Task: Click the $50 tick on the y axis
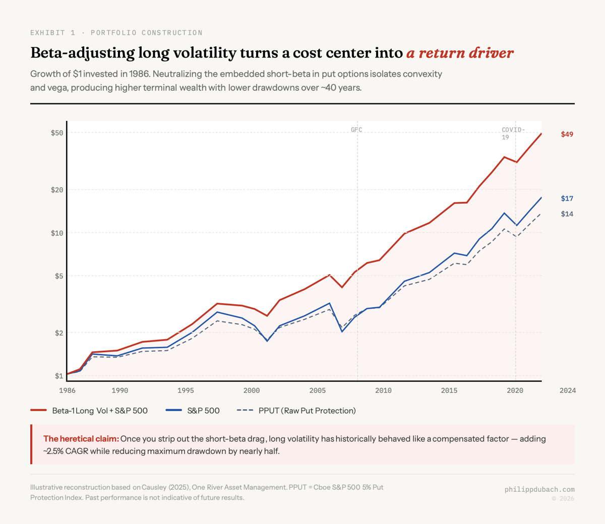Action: (x=56, y=133)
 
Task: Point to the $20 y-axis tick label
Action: (x=56, y=190)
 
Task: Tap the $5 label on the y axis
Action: (x=58, y=276)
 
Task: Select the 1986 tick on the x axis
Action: (x=67, y=390)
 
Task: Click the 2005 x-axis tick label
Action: (x=317, y=390)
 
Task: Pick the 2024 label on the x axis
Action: (x=567, y=390)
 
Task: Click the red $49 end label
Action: (x=567, y=135)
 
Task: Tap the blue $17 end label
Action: (x=567, y=199)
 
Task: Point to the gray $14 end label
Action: (x=567, y=214)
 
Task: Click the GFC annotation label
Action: (x=356, y=130)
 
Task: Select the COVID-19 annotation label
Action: (x=513, y=134)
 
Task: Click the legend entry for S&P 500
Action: (x=203, y=411)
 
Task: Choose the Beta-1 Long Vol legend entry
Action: (x=99, y=411)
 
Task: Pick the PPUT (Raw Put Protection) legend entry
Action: (x=307, y=411)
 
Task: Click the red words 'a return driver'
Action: (x=460, y=53)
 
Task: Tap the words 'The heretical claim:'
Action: (x=81, y=439)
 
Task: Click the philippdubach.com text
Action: (x=539, y=489)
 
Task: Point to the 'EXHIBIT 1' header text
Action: (x=52, y=33)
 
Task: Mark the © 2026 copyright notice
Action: (x=562, y=499)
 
